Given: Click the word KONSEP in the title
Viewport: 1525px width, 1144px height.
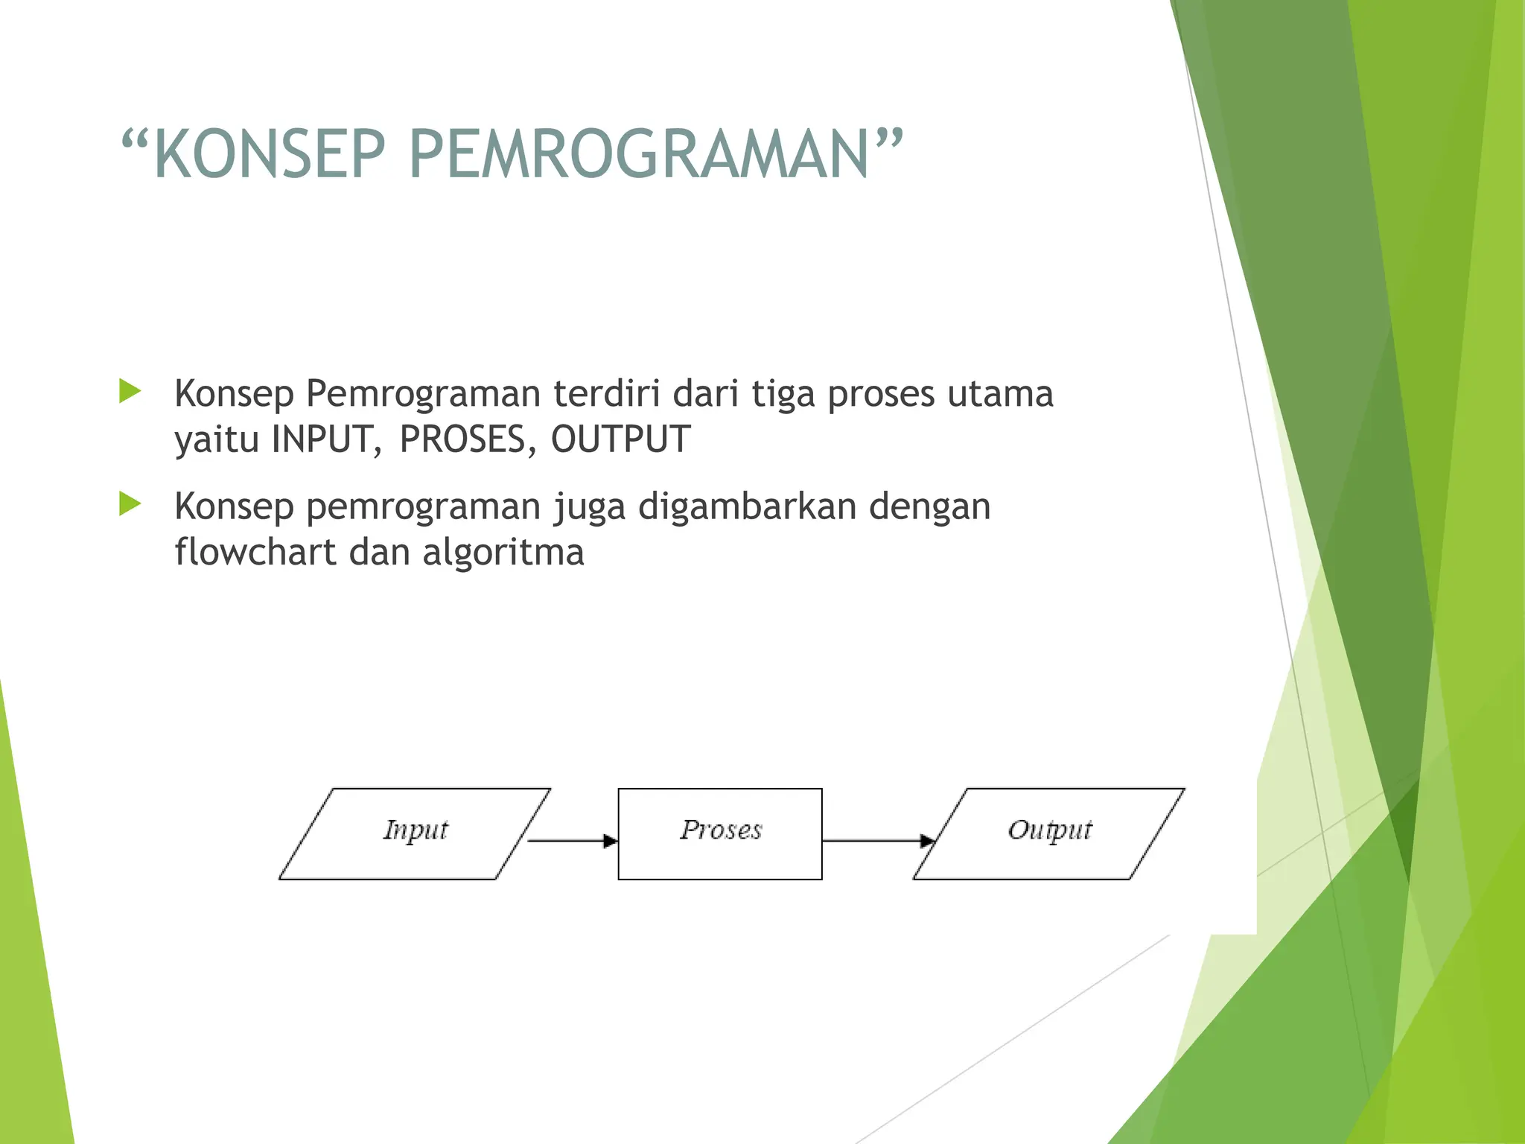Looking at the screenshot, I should tap(270, 154).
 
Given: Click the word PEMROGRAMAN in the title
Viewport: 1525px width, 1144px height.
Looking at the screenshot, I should tap(639, 154).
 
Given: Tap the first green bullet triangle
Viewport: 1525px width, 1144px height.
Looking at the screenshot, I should tap(130, 391).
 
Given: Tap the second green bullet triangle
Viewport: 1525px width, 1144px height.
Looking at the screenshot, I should tap(130, 504).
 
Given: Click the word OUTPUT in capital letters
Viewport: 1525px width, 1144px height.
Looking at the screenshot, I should tap(620, 439).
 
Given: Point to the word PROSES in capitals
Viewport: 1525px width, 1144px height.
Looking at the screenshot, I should tap(462, 439).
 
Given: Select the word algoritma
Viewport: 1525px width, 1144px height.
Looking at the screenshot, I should tap(503, 552).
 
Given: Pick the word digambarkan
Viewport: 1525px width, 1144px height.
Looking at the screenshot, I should tap(747, 507).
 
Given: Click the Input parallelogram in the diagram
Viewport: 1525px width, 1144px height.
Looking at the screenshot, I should tap(415, 833).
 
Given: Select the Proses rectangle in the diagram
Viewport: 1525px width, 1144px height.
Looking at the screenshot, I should tap(720, 833).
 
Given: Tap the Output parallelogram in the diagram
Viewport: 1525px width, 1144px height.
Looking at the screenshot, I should tap(1048, 833).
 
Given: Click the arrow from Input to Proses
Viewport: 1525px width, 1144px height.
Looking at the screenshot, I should tap(572, 841).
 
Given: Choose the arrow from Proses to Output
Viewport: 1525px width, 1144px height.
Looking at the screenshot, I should tap(876, 841).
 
